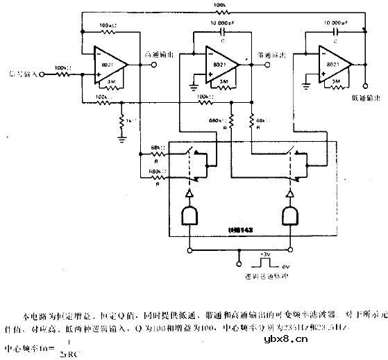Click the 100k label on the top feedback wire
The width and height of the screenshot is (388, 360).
(220, 6)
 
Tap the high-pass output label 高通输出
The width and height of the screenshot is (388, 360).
(157, 54)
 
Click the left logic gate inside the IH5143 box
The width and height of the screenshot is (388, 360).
(188, 216)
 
